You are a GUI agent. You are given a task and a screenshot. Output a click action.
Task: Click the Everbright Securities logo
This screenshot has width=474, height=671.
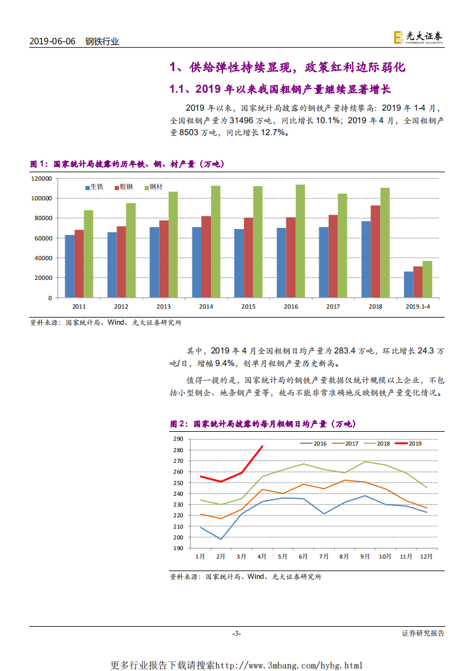[x=418, y=37]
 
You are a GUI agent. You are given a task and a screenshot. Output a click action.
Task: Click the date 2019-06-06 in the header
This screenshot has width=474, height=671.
[x=53, y=41]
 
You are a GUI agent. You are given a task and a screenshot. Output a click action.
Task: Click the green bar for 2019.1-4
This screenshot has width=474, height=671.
[x=427, y=279]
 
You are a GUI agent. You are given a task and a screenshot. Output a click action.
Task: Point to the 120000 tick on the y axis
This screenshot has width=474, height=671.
[x=41, y=178]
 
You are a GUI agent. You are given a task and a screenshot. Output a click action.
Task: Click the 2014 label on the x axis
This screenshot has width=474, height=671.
[x=206, y=306]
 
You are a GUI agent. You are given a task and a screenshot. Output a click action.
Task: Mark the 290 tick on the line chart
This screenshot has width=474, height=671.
[x=178, y=439]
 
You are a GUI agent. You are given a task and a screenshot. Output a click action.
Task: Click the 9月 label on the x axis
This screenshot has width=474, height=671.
[x=364, y=556]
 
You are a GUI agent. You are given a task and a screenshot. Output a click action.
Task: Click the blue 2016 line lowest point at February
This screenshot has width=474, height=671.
[x=221, y=539]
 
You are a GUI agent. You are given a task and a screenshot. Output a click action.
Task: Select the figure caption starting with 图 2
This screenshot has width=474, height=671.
[x=262, y=424]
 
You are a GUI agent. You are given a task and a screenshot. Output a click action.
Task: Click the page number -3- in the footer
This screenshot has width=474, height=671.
[x=237, y=633]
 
